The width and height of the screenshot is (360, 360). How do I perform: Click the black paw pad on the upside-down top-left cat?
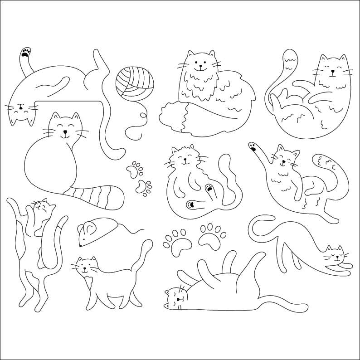(x=25, y=53)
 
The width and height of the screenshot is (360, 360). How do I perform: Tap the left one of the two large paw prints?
(x=176, y=240)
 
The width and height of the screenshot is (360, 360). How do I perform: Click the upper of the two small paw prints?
(x=134, y=169)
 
